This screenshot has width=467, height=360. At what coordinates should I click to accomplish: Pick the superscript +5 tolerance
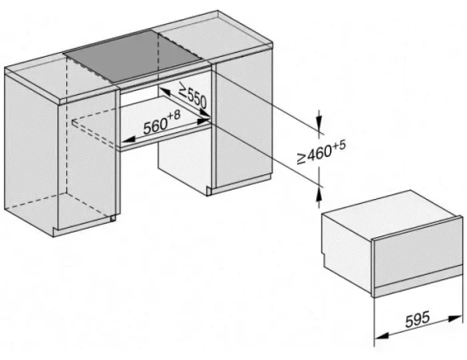pyautogui.click(x=339, y=145)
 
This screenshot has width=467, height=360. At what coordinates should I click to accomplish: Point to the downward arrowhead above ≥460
pyautogui.click(x=318, y=127)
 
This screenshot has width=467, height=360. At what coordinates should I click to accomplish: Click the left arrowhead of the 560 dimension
pyautogui.click(x=124, y=141)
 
